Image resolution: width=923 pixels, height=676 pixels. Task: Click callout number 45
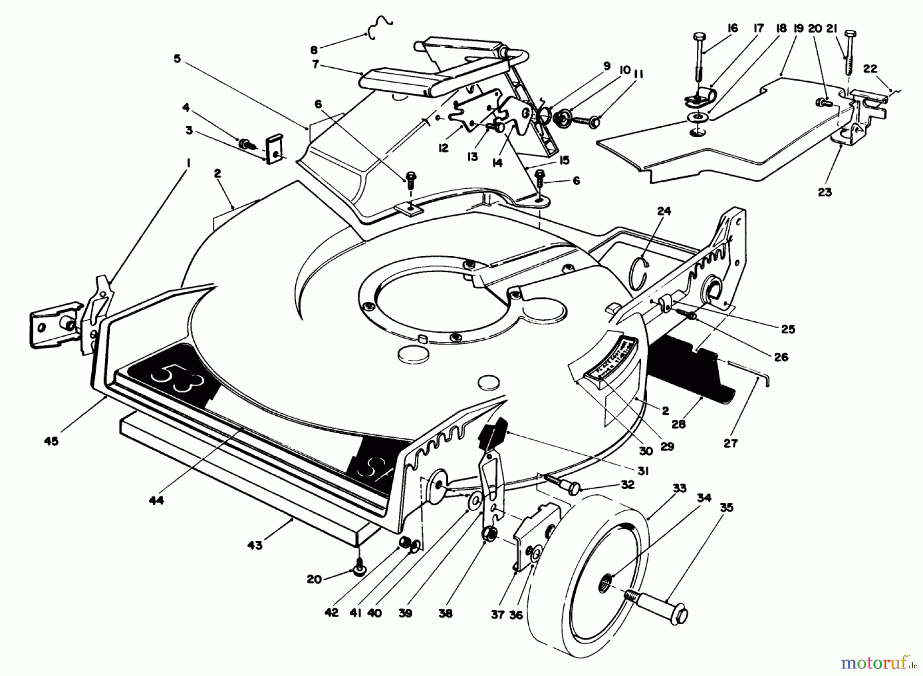click(x=51, y=441)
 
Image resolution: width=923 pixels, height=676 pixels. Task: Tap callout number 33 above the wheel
click(x=679, y=488)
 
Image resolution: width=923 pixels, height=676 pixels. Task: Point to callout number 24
click(x=664, y=211)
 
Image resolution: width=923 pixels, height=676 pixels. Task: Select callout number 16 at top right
click(x=732, y=28)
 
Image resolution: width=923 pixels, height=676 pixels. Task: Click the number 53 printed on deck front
click(x=175, y=379)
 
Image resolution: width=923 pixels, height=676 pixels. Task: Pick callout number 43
click(x=255, y=545)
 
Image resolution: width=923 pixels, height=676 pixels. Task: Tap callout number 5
click(x=177, y=59)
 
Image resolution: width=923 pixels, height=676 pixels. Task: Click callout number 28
click(x=678, y=424)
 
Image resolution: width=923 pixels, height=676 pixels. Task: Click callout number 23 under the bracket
click(x=825, y=192)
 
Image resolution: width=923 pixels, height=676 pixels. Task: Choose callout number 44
click(x=156, y=500)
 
